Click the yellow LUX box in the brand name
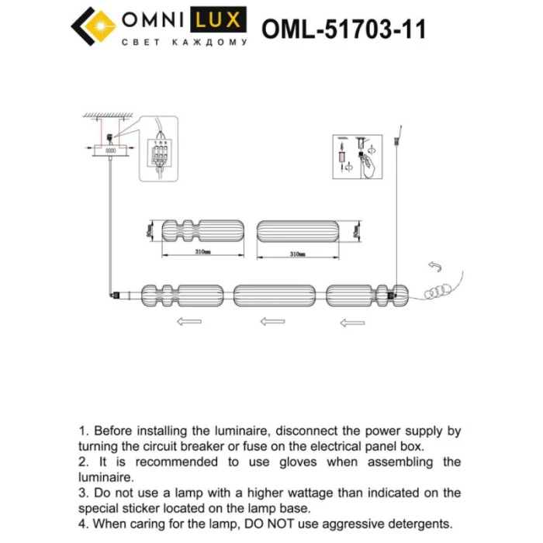coord(220,21)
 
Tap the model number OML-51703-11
coord(344,29)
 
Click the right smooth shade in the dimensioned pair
coord(298,230)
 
